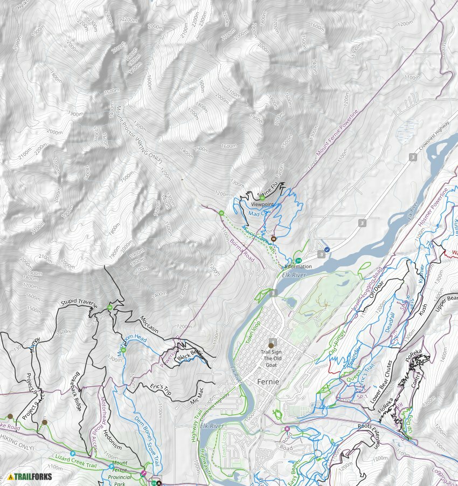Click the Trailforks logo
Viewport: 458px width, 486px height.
point(30,476)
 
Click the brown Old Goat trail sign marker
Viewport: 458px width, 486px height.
point(272,345)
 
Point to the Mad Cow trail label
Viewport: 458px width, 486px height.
point(260,214)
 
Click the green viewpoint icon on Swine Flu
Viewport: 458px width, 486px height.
point(262,198)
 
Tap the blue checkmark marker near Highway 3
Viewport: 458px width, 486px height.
point(327,250)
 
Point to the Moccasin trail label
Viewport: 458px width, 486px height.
point(149,324)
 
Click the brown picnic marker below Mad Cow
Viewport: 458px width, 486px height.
point(273,238)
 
